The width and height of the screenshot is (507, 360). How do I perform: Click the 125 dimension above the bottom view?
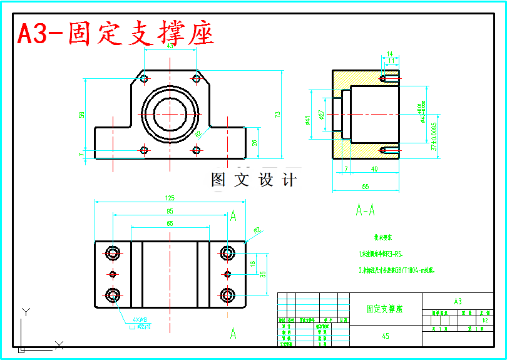[170, 198]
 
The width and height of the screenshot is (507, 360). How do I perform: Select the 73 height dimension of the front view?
[278, 114]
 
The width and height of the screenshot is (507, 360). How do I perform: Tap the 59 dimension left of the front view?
[81, 115]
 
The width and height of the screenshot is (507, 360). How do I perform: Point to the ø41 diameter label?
[307, 120]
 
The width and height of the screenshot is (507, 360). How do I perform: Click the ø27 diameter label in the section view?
[321, 115]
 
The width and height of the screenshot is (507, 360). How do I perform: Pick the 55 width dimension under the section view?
[366, 187]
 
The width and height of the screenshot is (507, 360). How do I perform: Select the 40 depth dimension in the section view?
[374, 169]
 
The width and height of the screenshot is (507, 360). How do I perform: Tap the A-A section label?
[365, 210]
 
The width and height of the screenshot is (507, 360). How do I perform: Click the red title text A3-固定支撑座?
[116, 34]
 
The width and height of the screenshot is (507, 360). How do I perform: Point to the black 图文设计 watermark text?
[253, 180]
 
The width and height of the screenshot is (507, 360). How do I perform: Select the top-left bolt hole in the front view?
[145, 79]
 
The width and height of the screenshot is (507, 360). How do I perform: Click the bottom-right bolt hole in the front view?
[197, 150]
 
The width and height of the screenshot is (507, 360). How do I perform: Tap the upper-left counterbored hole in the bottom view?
[113, 254]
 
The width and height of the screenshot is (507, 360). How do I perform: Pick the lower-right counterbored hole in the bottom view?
[227, 294]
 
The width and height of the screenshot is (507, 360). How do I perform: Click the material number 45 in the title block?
[386, 336]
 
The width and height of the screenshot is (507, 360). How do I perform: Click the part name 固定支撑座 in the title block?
[385, 309]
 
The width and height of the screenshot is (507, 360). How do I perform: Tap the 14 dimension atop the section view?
[389, 54]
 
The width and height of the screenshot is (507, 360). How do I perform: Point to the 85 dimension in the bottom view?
[170, 211]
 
